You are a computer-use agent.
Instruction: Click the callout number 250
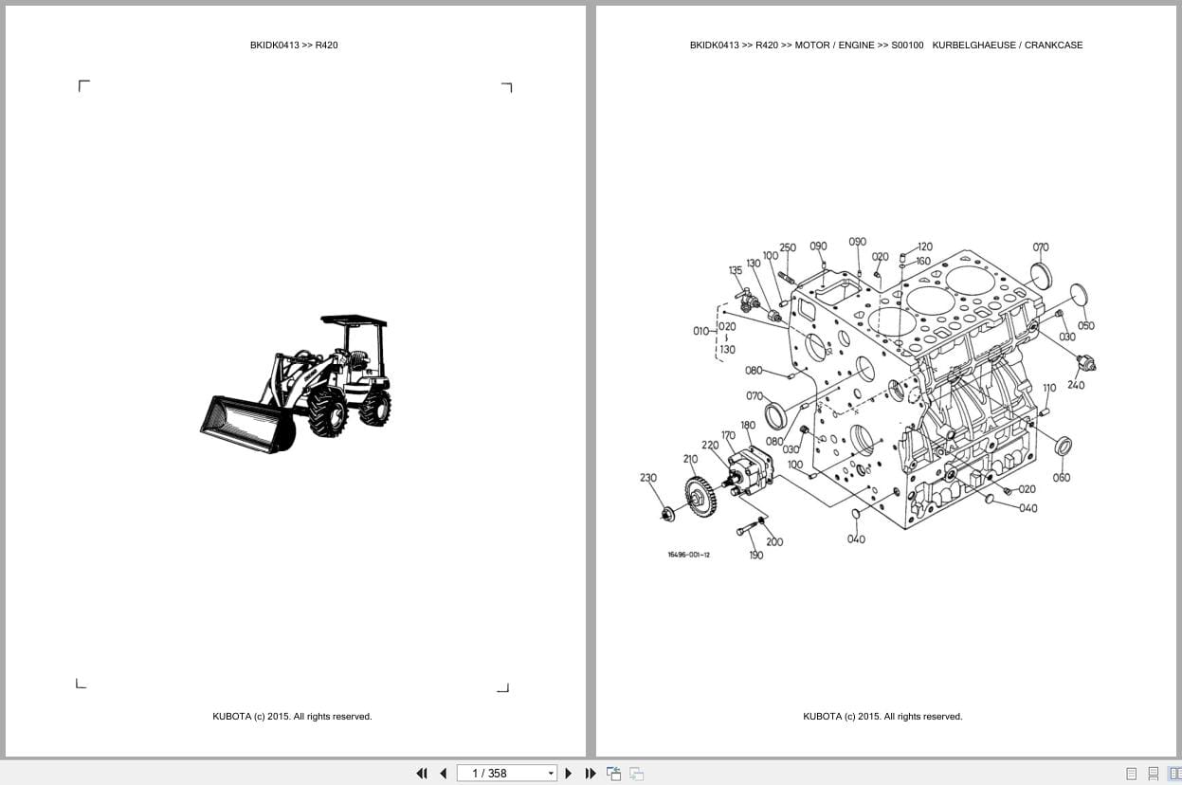click(788, 247)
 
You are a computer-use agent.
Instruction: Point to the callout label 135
click(736, 270)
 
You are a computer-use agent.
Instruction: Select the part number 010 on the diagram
click(700, 331)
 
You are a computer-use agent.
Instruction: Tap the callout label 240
click(1076, 385)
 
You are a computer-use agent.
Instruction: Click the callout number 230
click(648, 478)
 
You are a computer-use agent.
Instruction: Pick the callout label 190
click(755, 556)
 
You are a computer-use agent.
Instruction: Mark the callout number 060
click(1061, 478)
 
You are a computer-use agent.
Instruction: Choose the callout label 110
click(1049, 388)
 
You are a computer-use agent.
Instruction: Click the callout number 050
click(1085, 325)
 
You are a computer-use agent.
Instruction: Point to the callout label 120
click(924, 246)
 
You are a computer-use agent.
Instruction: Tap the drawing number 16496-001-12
click(688, 555)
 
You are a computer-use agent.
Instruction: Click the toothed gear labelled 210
click(700, 497)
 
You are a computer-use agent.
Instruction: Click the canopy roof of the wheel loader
click(354, 321)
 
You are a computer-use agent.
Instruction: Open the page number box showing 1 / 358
click(506, 773)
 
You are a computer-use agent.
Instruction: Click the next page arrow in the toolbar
click(568, 773)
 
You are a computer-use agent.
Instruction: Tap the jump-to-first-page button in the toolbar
click(422, 773)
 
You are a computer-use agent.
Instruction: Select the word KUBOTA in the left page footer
click(231, 717)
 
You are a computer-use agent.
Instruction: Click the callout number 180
click(748, 426)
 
